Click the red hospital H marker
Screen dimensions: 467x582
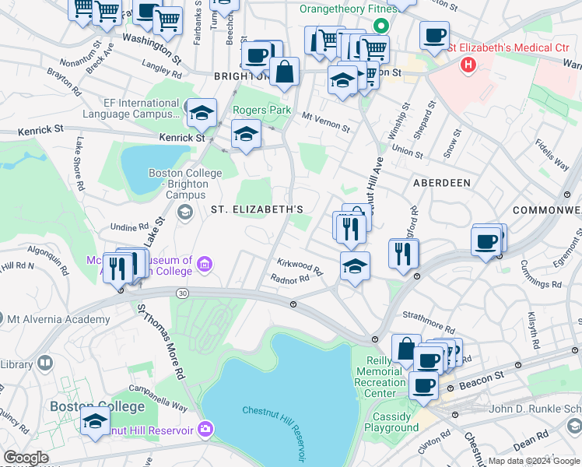[x=468, y=65]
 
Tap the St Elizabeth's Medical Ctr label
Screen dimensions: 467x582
[x=509, y=48]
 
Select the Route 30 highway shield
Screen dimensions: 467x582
[x=182, y=293]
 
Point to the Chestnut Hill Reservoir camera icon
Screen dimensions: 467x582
[x=205, y=428]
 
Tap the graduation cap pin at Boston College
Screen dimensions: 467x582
[x=95, y=421]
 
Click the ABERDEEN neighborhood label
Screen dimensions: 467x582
[x=441, y=182]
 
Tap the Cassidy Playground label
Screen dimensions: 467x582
[x=391, y=422]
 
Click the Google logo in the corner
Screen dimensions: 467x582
[x=25, y=458]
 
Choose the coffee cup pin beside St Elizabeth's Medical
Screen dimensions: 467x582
[x=434, y=35]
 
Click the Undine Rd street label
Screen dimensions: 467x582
[x=130, y=227]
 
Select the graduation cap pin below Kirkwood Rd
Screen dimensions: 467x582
[x=354, y=266]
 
